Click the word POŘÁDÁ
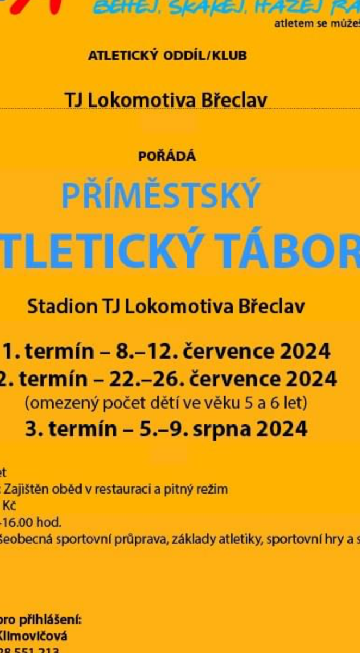tap(167, 157)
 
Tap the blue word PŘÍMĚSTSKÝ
tap(160, 196)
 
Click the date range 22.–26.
tap(145, 378)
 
